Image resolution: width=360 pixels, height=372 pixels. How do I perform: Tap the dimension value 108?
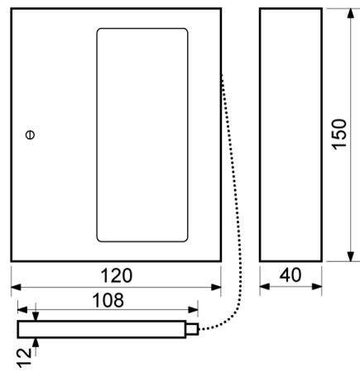pos(108,301)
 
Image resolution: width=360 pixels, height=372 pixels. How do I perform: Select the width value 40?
pos(290,274)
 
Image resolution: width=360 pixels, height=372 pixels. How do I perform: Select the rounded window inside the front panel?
pos(142,134)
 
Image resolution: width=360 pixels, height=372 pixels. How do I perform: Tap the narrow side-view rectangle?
pos(290,134)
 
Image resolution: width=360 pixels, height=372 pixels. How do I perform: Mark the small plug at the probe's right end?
pos(192,329)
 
